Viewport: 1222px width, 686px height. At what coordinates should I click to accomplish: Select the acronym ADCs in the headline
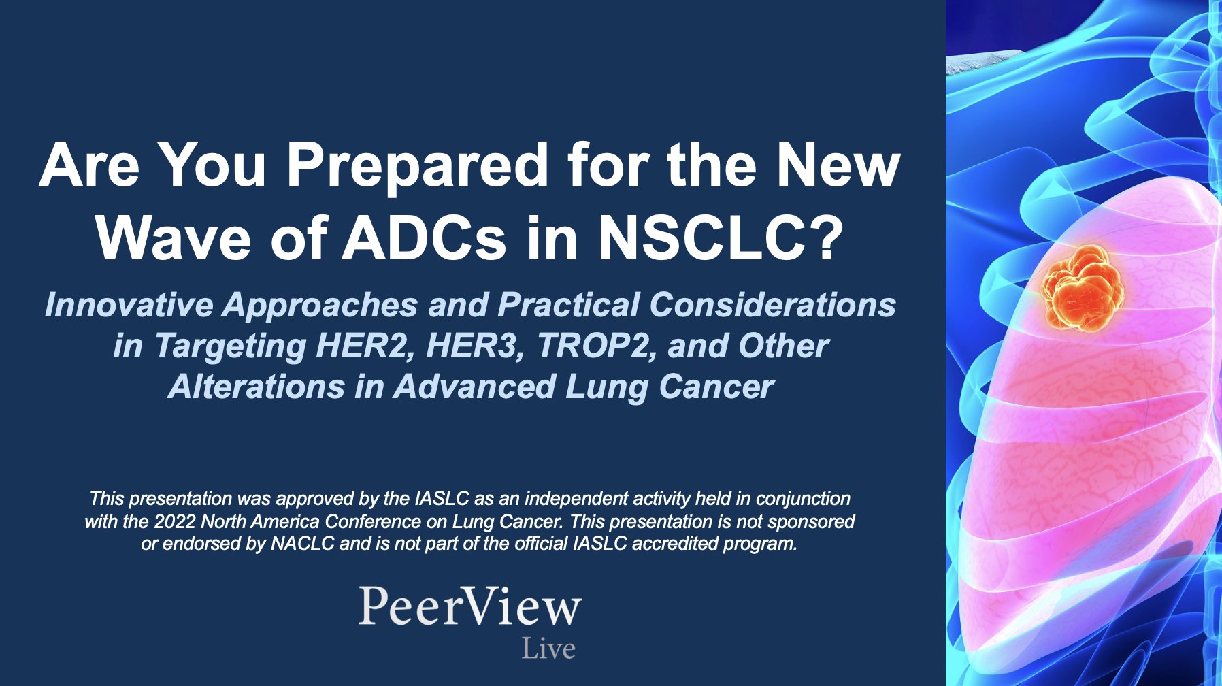click(x=423, y=238)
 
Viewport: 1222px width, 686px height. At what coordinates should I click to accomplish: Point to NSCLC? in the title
click(x=720, y=238)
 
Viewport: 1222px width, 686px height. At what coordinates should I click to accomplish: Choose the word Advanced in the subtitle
click(x=474, y=387)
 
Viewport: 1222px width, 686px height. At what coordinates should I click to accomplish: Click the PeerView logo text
click(x=469, y=606)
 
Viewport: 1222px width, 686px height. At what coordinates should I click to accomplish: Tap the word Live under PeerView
click(x=548, y=649)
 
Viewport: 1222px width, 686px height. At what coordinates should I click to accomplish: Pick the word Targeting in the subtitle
click(x=231, y=347)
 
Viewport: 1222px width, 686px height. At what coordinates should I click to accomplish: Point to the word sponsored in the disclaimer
click(x=813, y=521)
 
